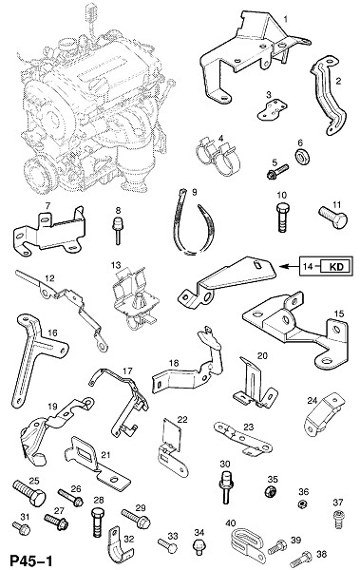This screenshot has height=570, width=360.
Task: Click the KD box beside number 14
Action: point(335,267)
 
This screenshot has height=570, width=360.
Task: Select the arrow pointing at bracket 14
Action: point(289,267)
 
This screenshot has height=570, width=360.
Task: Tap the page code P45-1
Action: point(31,560)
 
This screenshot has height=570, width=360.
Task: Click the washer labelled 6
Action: point(302,157)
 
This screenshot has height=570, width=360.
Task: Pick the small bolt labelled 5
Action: point(277,172)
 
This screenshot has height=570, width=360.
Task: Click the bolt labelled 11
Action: point(333,218)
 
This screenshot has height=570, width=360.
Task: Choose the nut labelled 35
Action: point(271,491)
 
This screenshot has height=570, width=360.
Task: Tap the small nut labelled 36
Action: point(301,504)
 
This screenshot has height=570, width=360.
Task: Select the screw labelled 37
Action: point(338,519)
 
